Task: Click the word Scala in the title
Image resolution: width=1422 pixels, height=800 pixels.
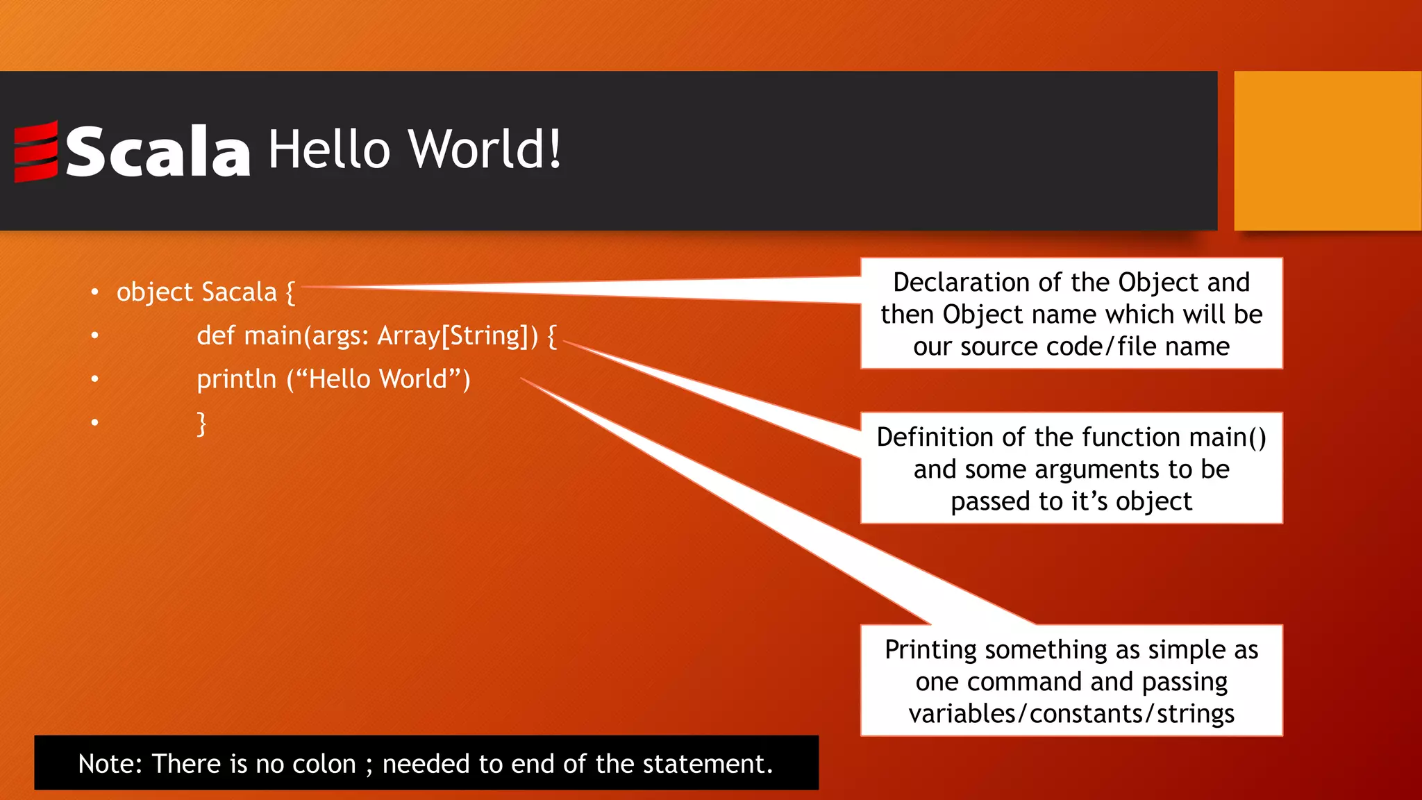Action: [158, 151]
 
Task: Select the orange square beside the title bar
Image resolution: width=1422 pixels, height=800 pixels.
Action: [1327, 151]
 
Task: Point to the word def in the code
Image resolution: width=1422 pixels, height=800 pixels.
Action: [216, 336]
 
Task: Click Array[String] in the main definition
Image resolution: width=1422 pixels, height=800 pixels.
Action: [454, 336]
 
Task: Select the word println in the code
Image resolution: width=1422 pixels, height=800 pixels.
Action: [236, 380]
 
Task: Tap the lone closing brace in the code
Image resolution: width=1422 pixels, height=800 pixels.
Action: [201, 423]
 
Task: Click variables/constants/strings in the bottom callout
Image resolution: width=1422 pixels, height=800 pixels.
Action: [1071, 714]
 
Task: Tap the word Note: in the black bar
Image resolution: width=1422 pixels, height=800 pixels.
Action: [110, 764]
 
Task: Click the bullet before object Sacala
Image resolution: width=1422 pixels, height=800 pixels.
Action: [94, 293]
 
